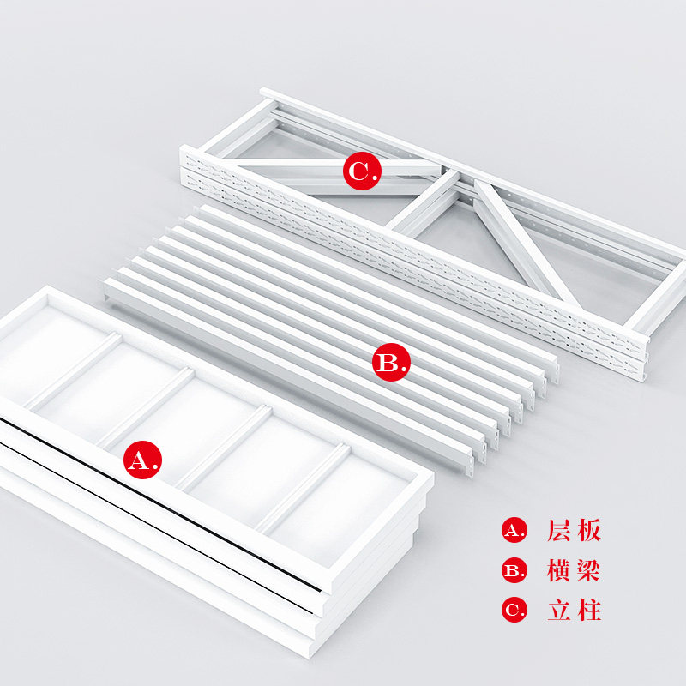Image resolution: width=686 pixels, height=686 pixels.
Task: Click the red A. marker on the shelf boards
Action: tap(142, 460)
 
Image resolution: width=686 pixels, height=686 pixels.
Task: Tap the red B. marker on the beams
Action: tap(392, 362)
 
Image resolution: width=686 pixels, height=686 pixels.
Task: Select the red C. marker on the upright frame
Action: tap(362, 171)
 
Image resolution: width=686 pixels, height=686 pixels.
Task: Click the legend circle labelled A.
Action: tap(514, 530)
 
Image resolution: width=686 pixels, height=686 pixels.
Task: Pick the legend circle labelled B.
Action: tap(514, 570)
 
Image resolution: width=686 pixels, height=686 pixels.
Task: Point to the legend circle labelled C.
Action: tap(514, 610)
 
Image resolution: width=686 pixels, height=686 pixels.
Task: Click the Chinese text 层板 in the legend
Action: tap(574, 530)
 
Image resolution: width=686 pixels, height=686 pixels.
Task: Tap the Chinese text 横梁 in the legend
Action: tap(574, 570)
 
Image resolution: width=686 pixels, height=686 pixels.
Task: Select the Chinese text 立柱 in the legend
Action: tap(574, 610)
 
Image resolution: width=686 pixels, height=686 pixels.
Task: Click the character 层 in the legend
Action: tap(559, 530)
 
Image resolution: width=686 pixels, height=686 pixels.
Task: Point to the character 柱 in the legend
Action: tap(589, 610)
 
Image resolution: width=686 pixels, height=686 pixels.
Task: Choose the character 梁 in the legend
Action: tap(589, 570)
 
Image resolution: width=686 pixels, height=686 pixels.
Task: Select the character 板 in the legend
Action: tap(589, 530)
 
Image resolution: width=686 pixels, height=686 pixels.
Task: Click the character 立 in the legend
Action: tap(559, 610)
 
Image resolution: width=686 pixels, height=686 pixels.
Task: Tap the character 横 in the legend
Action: tap(559, 570)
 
